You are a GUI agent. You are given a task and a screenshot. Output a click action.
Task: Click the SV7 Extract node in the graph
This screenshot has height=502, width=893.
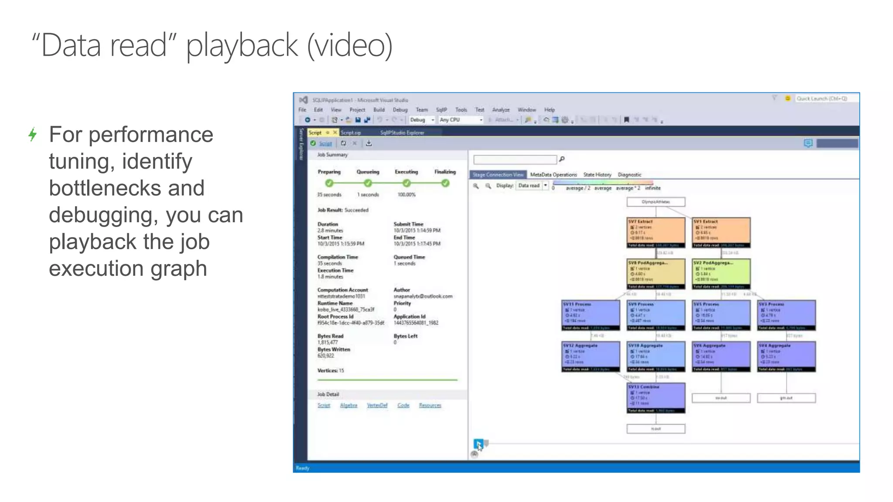tap(656, 232)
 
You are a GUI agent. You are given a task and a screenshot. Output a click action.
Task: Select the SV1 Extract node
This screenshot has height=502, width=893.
tap(721, 232)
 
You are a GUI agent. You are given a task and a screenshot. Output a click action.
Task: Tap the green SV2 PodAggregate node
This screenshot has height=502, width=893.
tap(721, 274)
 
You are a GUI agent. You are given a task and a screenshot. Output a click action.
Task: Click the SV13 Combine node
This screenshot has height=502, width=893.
tap(656, 397)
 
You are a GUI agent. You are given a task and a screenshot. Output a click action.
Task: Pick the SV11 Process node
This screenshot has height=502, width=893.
tap(590, 315)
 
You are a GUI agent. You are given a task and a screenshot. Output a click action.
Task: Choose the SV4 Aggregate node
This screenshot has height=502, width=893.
tap(786, 356)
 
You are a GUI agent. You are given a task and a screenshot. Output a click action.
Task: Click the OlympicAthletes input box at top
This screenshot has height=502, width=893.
tap(656, 202)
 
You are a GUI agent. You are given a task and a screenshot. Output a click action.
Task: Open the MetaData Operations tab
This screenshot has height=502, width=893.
tap(553, 175)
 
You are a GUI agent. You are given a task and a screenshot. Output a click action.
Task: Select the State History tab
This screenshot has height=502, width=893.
tap(597, 175)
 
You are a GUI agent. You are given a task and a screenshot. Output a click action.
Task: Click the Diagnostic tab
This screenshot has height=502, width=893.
tap(630, 175)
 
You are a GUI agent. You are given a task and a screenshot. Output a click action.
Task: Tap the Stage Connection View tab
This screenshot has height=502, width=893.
tap(498, 175)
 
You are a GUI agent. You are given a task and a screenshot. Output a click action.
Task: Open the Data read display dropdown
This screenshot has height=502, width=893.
tap(545, 186)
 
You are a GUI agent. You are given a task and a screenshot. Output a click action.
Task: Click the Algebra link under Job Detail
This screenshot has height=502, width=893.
tap(348, 405)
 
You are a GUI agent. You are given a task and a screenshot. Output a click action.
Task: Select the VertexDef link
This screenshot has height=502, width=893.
tap(377, 405)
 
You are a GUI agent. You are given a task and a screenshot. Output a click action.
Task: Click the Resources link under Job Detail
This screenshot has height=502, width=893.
tap(430, 405)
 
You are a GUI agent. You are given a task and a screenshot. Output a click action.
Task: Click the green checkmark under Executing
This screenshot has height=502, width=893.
tap(406, 183)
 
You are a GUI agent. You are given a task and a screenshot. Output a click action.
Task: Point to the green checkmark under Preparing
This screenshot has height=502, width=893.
tap(329, 183)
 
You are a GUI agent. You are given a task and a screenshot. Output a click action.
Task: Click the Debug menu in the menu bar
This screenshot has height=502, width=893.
tap(400, 110)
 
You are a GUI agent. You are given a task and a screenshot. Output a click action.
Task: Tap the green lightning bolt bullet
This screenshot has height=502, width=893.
tap(33, 134)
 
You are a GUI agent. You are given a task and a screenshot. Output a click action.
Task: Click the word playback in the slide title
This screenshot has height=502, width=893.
tap(242, 45)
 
